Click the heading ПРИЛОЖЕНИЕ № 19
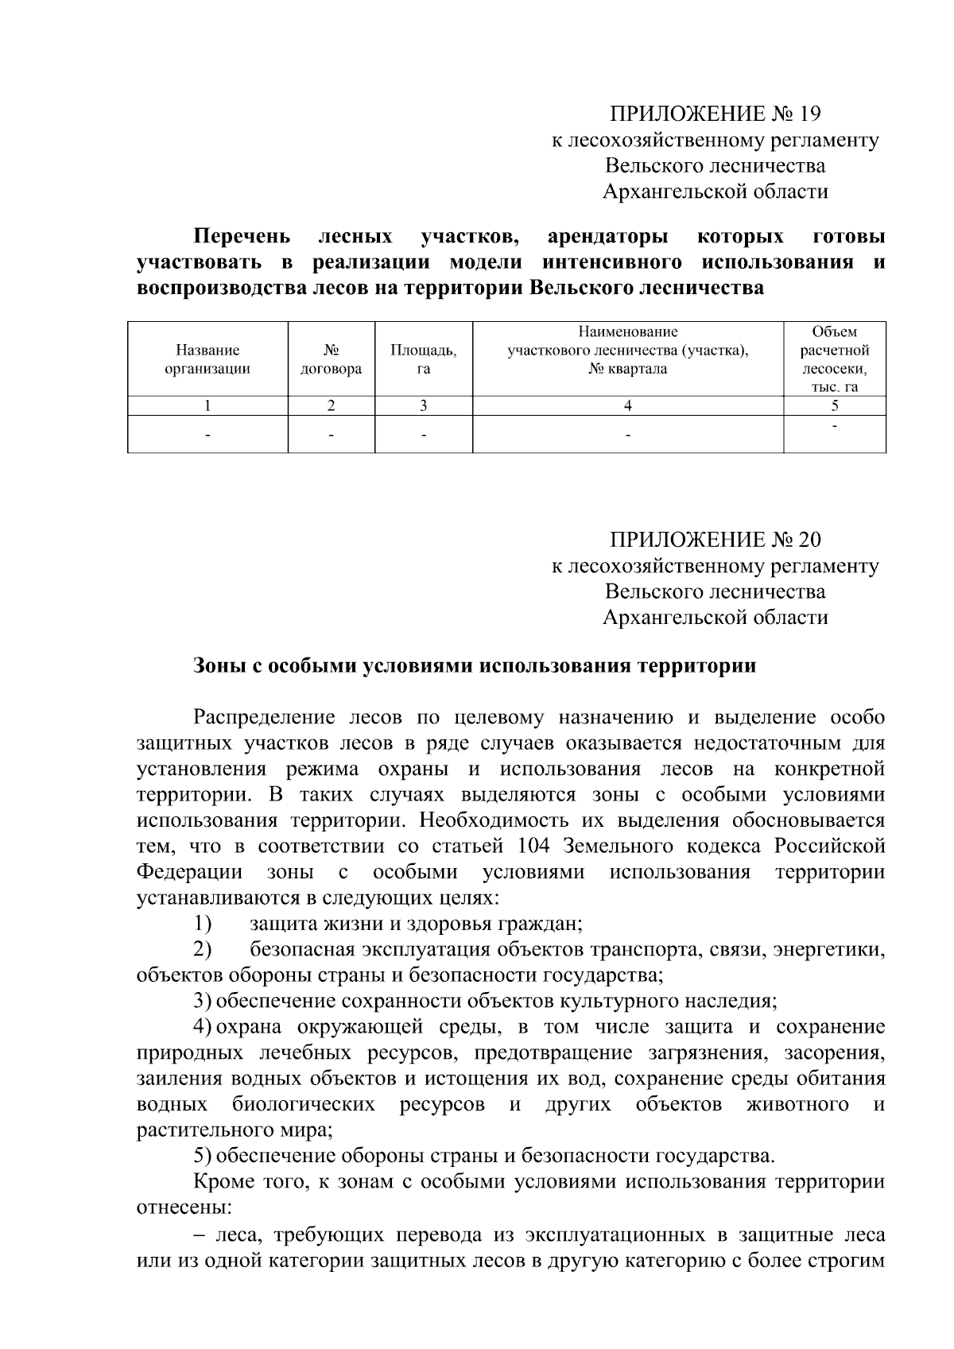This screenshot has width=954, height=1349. pyautogui.click(x=715, y=114)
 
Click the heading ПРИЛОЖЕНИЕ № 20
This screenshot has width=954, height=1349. pyautogui.click(x=715, y=540)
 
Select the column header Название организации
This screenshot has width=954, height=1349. pyautogui.click(x=207, y=359)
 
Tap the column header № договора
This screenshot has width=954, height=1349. pyautogui.click(x=331, y=359)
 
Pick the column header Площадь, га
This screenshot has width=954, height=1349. pyautogui.click(x=423, y=359)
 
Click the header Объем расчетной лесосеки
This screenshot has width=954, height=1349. pyautogui.click(x=834, y=359)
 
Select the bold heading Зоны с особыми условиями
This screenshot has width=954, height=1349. pyautogui.click(x=475, y=666)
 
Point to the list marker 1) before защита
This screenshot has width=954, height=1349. pyautogui.click(x=203, y=924)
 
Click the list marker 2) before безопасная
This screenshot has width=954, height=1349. pyautogui.click(x=203, y=949)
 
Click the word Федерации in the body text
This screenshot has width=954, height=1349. pyautogui.click(x=189, y=872)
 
